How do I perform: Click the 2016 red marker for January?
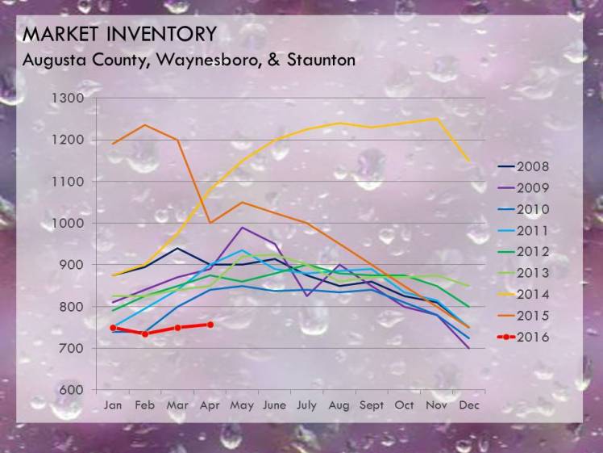click(113, 328)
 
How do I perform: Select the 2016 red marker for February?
click(145, 333)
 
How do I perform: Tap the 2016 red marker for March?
click(177, 328)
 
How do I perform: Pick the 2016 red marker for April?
click(210, 325)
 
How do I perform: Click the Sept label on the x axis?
click(372, 405)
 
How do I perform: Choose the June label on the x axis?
click(275, 405)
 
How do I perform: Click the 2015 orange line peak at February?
click(145, 124)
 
